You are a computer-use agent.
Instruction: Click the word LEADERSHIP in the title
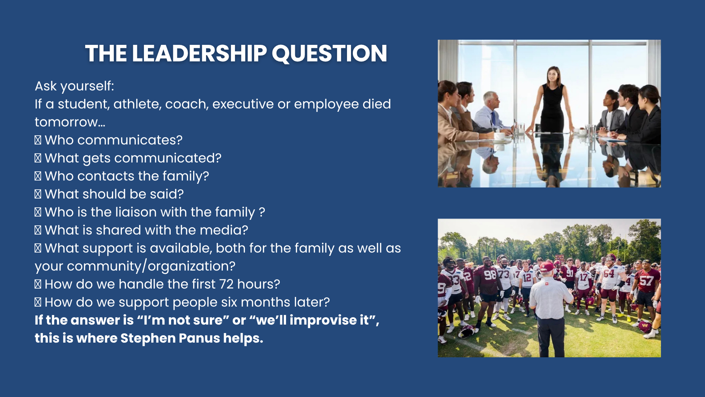pos(199,53)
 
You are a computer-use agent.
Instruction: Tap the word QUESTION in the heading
pos(329,54)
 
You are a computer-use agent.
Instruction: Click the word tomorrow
pos(70,122)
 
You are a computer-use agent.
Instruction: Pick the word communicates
pos(130,140)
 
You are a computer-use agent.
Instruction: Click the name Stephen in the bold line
pos(148,338)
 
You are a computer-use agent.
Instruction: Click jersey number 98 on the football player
pos(490,275)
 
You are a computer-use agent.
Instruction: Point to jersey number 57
pos(646,281)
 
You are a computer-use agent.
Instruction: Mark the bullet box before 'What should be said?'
pos(38,194)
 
